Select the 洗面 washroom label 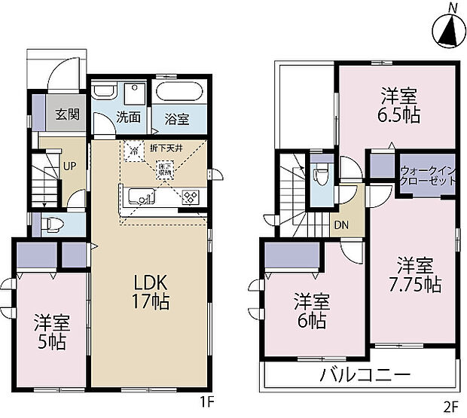point(129,117)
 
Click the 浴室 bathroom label point(175,118)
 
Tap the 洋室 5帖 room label point(51,333)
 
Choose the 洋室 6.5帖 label point(399,105)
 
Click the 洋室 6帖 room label point(310,309)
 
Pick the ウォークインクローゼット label point(428,176)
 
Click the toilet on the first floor point(53,223)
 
